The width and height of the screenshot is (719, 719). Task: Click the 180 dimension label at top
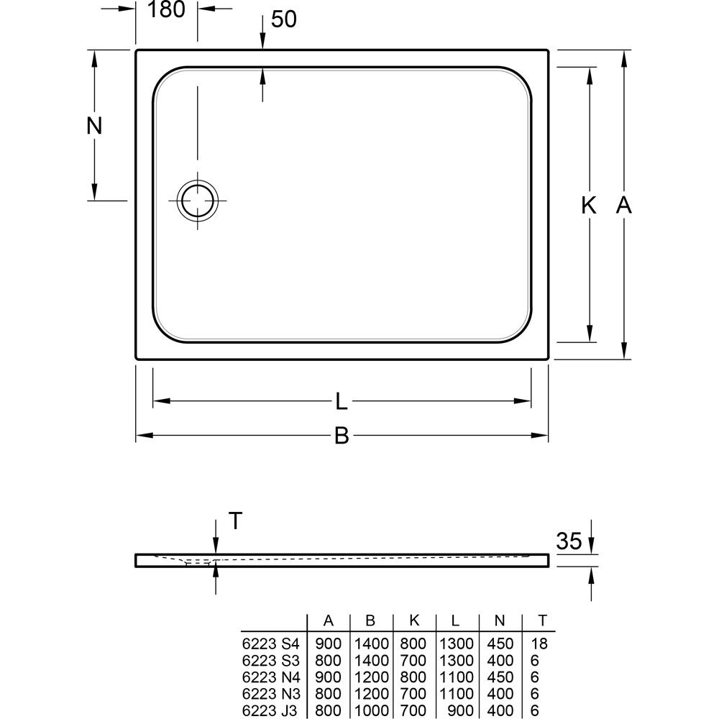tap(167, 9)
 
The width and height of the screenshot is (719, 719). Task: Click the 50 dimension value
tap(284, 19)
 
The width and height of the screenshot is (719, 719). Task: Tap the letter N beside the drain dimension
tap(94, 126)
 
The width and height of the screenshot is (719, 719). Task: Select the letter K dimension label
tap(589, 206)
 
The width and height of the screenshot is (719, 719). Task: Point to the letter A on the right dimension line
tap(623, 205)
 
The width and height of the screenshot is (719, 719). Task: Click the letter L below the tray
tap(341, 401)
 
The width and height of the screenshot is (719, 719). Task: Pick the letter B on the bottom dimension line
tap(342, 436)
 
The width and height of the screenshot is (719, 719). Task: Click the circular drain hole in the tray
tap(198, 201)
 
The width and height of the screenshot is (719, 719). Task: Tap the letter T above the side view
tap(235, 521)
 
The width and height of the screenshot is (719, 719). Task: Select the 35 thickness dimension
tap(569, 541)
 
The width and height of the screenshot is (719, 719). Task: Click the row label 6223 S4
tap(270, 644)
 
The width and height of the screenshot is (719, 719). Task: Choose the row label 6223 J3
tap(270, 711)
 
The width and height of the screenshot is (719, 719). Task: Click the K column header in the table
tap(414, 620)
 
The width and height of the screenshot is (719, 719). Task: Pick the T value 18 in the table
tap(539, 644)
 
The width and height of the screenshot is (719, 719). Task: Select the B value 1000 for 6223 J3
tap(372, 711)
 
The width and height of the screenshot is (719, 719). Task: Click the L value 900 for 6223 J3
tap(460, 711)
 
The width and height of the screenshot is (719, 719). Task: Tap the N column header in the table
tap(500, 620)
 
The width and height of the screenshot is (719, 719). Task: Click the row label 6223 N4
tap(270, 678)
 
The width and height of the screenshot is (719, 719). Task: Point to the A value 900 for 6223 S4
tap(329, 644)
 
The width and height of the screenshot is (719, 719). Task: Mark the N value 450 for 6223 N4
tap(500, 678)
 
